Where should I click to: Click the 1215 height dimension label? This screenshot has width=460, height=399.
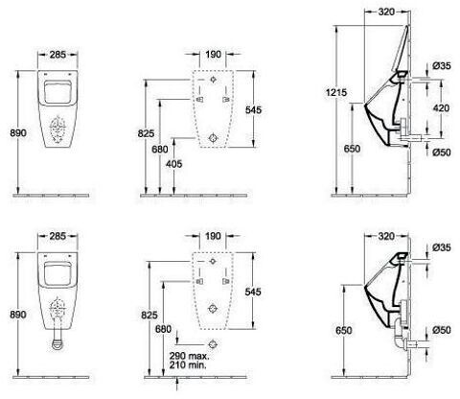336,93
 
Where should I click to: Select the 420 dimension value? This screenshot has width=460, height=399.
441,108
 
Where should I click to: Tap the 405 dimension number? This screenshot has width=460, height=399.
173,164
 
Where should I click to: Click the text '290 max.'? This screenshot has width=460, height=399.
189,356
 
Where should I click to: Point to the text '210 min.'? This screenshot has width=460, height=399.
188,364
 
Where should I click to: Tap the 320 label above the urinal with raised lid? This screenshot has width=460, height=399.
386,12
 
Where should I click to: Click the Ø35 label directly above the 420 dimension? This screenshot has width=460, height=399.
442,66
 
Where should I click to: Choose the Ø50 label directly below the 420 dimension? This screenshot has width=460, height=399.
442,153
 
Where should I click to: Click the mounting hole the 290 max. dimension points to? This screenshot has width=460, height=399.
213,344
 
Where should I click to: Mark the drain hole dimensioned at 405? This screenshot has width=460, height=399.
213,138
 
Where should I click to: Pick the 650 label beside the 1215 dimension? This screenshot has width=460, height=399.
352,149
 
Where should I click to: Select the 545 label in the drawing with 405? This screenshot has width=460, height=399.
253,110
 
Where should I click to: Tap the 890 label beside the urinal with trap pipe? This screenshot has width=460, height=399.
18,315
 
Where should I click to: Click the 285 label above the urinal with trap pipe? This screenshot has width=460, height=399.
57,236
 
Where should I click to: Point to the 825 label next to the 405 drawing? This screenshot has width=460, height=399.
146,133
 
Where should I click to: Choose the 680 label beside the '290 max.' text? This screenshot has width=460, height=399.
163,329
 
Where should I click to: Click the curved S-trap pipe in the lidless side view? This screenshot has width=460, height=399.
399,336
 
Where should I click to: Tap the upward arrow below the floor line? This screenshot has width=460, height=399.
177,384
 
